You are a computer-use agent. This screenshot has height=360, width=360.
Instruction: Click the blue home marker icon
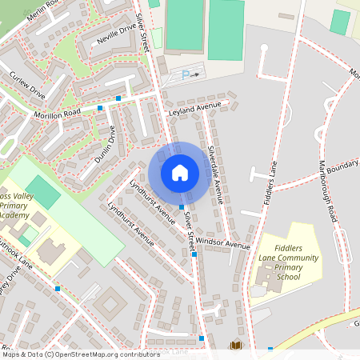pyautogui.click(x=180, y=172)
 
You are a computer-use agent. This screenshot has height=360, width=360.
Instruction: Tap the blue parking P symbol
pyautogui.click(x=186, y=74)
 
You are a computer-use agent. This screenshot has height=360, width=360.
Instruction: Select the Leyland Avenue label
pyautogui.click(x=194, y=110)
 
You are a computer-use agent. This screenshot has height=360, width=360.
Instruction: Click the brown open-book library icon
pyautogui.click(x=235, y=346)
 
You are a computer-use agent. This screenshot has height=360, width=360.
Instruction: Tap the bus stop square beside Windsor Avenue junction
pyautogui.click(x=194, y=254)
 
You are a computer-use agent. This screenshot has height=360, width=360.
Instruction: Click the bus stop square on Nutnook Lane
pyautogui.click(x=58, y=287)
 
